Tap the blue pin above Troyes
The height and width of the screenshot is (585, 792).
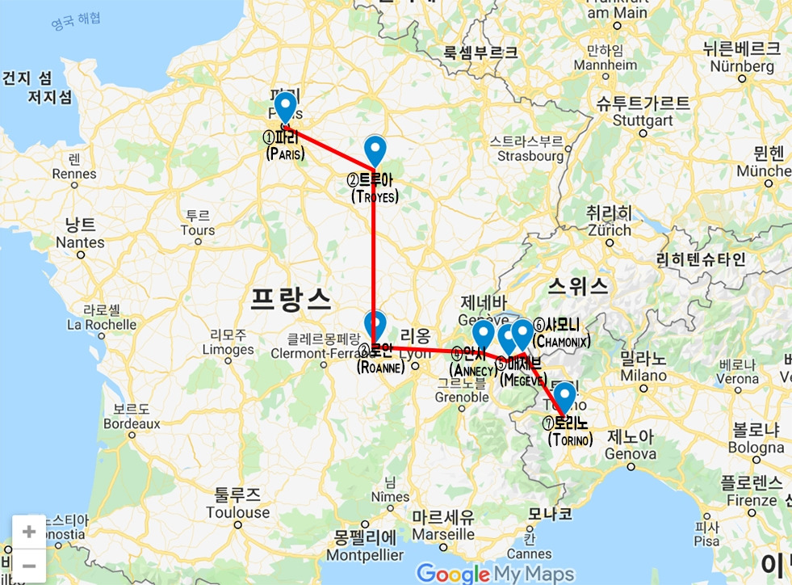click(375, 149)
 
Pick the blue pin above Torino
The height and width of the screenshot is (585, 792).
click(564, 396)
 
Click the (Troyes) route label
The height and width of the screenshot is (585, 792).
click(375, 196)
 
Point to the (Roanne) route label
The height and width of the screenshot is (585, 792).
click(380, 367)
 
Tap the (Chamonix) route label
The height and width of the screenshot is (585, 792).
click(561, 342)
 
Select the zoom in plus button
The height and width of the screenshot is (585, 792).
click(28, 532)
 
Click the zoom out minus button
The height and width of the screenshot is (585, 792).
click(28, 564)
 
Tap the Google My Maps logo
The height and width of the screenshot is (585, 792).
click(496, 574)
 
